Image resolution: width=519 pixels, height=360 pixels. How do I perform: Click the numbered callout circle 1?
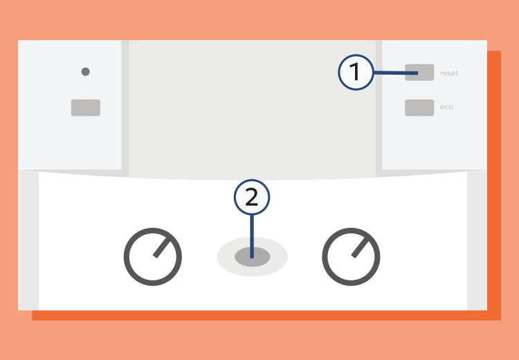click(x=356, y=72)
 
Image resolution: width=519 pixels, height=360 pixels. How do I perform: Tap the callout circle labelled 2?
click(x=252, y=197)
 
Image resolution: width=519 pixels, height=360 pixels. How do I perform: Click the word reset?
click(x=449, y=73)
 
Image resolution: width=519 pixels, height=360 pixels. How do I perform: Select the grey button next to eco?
click(x=419, y=107)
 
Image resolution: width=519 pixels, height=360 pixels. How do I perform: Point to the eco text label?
click(x=446, y=107)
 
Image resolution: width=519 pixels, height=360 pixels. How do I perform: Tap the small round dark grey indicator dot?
click(x=85, y=71)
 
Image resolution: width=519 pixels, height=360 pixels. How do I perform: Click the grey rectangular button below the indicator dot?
click(x=86, y=107)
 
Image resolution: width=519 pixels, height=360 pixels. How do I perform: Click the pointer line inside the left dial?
click(x=161, y=247)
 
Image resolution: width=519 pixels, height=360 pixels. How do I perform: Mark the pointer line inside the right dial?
click(x=360, y=247)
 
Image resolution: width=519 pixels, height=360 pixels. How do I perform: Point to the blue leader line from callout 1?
click(x=396, y=73)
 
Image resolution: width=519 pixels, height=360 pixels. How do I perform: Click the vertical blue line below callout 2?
click(x=252, y=237)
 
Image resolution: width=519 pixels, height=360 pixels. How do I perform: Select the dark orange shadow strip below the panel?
click(x=266, y=315)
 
